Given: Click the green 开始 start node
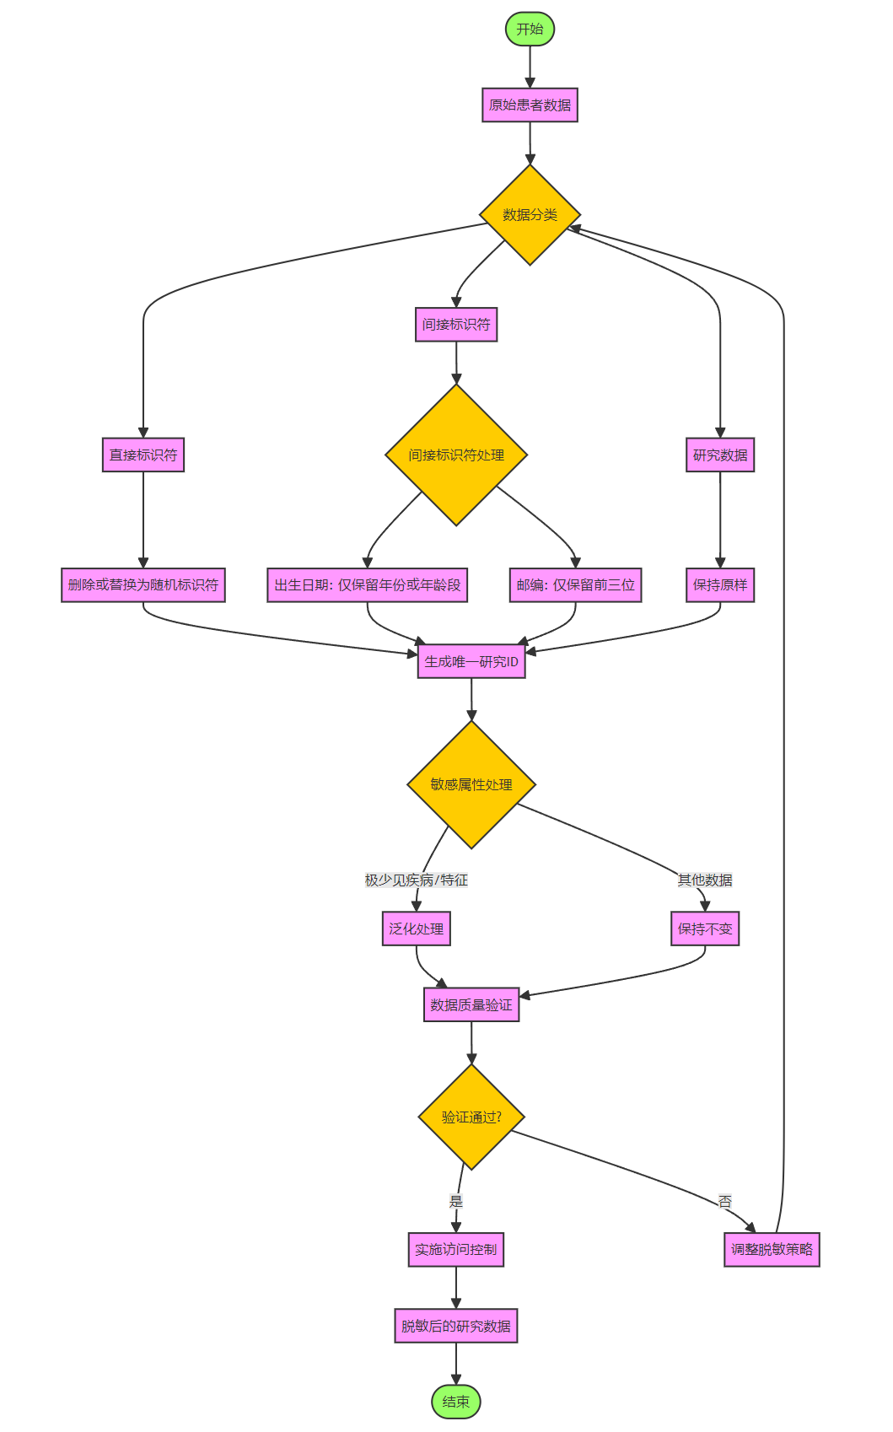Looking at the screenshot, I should click(x=530, y=30).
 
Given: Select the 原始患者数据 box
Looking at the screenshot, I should click(x=530, y=105).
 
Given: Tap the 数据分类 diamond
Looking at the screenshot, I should click(x=530, y=215).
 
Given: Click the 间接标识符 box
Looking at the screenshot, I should click(x=456, y=325).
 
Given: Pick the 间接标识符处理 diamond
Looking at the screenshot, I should click(x=456, y=455).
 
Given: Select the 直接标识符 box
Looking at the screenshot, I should click(x=143, y=455).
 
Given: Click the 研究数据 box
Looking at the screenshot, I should click(x=720, y=455).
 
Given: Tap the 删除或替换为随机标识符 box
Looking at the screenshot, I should click(x=143, y=585).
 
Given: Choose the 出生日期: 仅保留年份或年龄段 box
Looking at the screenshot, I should click(x=368, y=585).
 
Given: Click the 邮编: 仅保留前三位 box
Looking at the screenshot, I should click(x=575, y=585).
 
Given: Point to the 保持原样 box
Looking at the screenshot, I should click(x=720, y=585).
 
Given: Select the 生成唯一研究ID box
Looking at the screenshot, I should click(x=471, y=662).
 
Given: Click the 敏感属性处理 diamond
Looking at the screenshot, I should click(x=471, y=784).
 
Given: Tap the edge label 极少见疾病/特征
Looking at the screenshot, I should click(x=416, y=880).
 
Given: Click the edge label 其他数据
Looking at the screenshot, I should click(x=705, y=880).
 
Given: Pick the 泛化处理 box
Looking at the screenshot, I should click(x=416, y=929).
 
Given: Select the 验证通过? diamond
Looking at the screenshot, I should click(x=471, y=1117).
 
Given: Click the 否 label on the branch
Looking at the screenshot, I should click(x=725, y=1202).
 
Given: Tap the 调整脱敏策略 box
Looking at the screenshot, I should click(x=772, y=1250).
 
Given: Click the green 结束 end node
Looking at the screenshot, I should click(x=456, y=1402).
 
